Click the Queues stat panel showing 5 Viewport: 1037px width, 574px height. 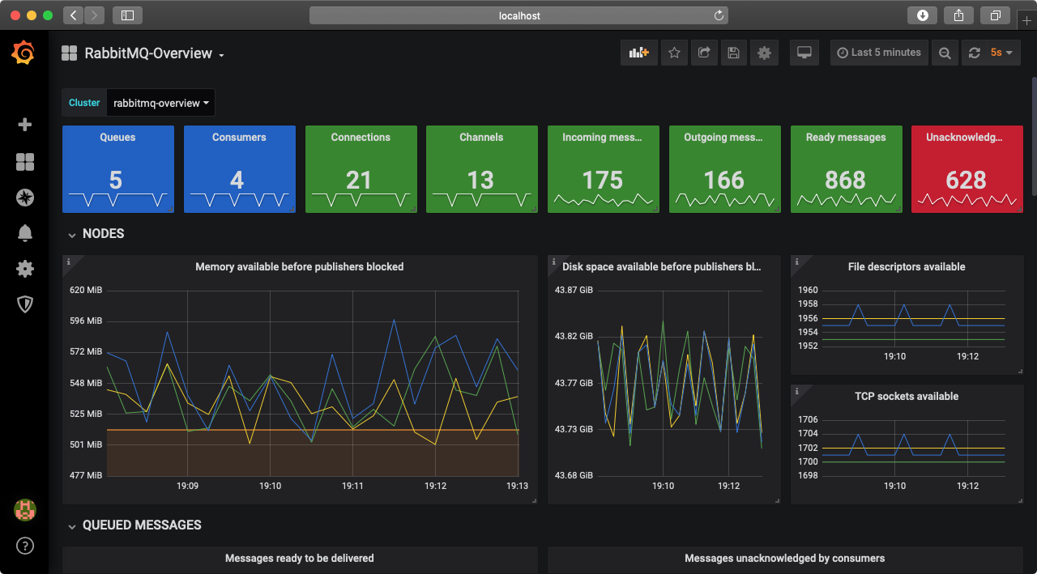pyautogui.click(x=116, y=180)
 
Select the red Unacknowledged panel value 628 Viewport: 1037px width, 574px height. pyautogui.click(x=966, y=180)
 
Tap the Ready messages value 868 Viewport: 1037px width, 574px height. pyautogui.click(x=845, y=180)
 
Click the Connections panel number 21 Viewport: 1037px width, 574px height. pyautogui.click(x=359, y=180)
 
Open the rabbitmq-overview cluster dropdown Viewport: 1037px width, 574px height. pyautogui.click(x=161, y=104)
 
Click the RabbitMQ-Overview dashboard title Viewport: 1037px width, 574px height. pyautogui.click(x=148, y=53)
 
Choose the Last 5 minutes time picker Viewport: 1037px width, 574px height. pyautogui.click(x=878, y=53)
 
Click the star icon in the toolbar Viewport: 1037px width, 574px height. pyautogui.click(x=674, y=53)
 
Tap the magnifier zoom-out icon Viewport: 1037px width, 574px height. pyautogui.click(x=945, y=53)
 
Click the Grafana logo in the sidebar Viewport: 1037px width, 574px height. pyautogui.click(x=23, y=53)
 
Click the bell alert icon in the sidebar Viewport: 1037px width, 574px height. pyautogui.click(x=25, y=233)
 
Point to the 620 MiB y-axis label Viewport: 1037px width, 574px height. pyautogui.click(x=86, y=290)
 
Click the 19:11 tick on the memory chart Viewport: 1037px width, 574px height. pyautogui.click(x=352, y=487)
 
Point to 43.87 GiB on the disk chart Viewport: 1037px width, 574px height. pyautogui.click(x=574, y=290)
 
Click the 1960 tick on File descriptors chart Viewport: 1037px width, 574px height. pyautogui.click(x=808, y=290)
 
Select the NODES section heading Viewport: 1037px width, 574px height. pyautogui.click(x=103, y=234)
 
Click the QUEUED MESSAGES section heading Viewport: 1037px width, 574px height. pyautogui.click(x=142, y=525)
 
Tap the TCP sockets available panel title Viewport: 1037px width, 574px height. pyautogui.click(x=906, y=397)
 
